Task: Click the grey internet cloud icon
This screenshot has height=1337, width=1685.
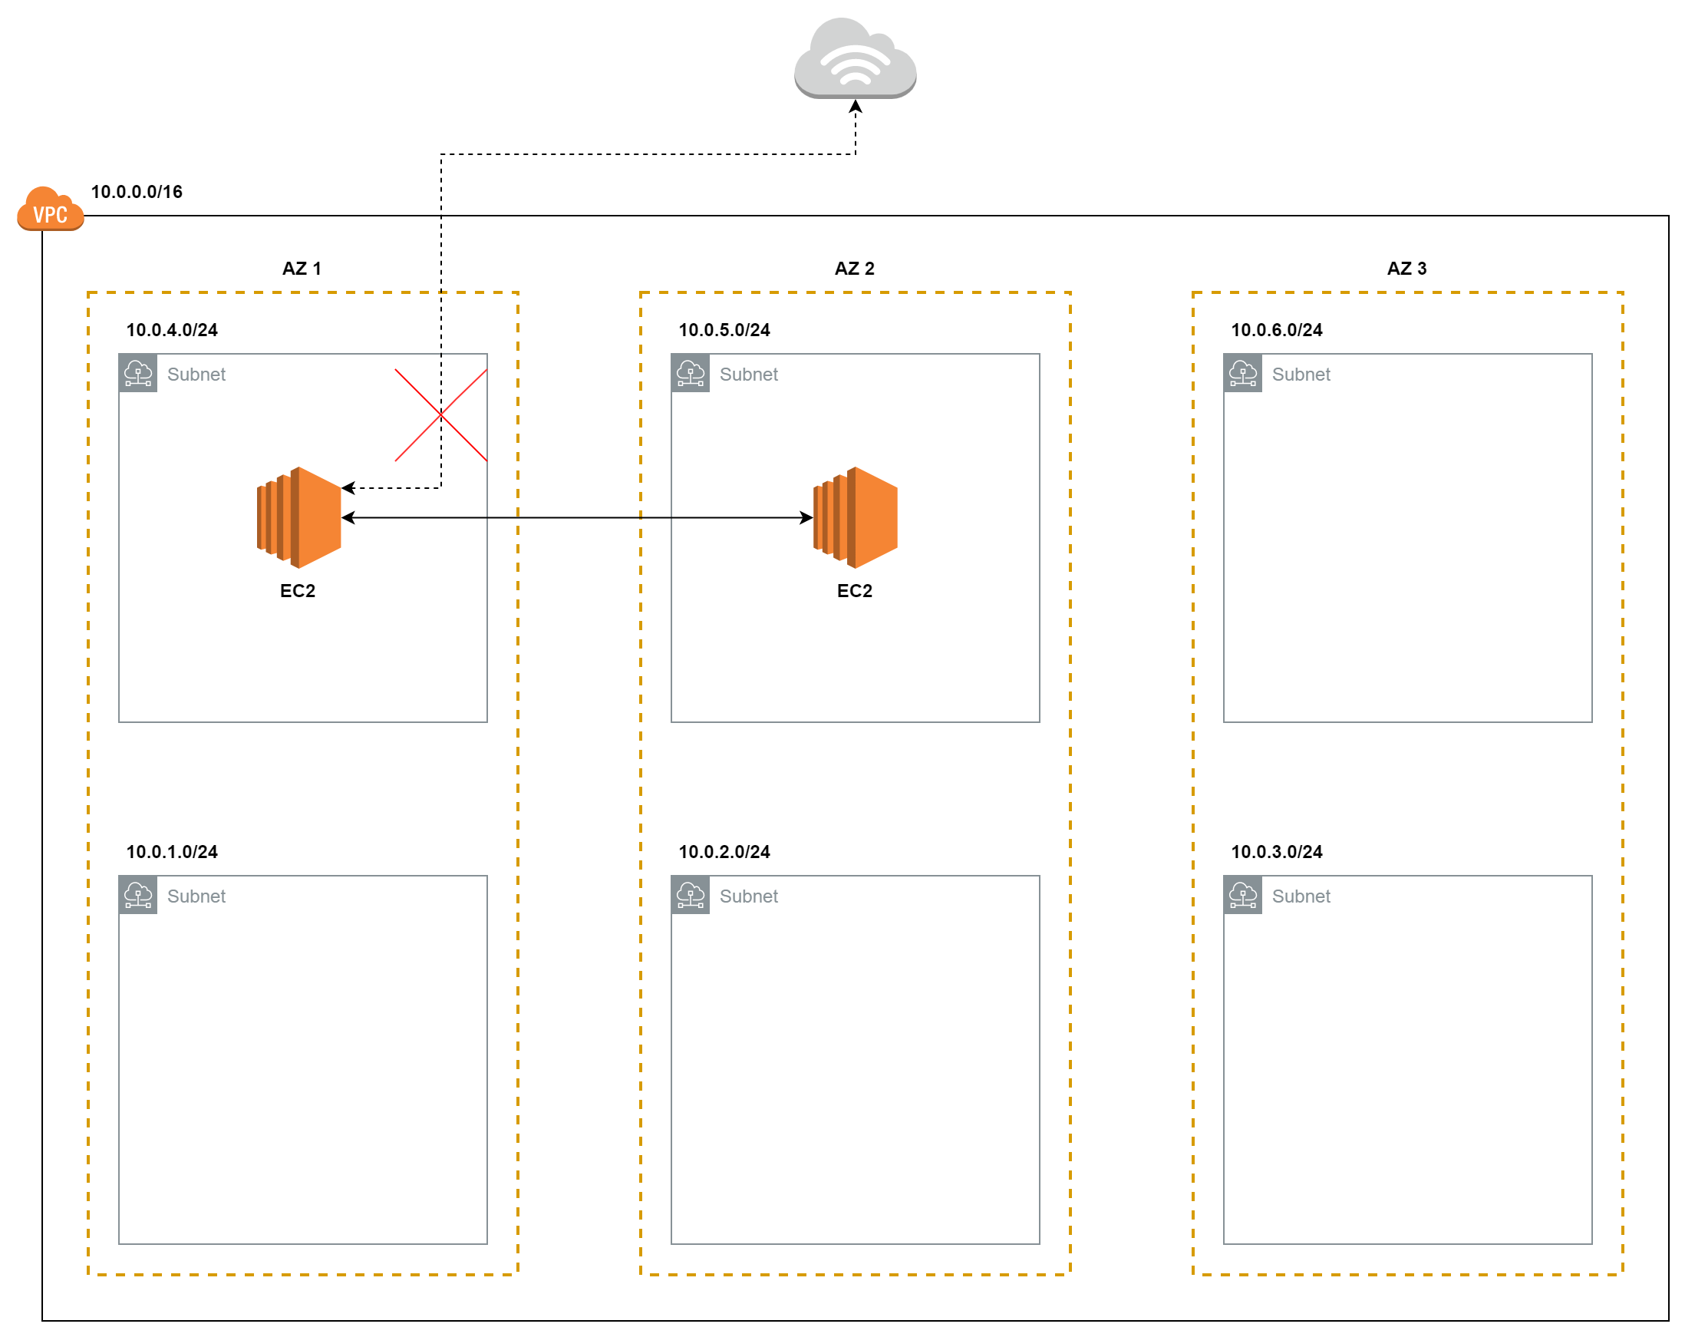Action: (855, 58)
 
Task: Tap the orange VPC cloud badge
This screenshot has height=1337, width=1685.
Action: (51, 209)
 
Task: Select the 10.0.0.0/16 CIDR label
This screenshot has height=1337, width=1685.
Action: (137, 192)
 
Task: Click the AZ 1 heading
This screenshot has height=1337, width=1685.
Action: (302, 268)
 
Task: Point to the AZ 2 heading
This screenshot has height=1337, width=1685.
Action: (854, 268)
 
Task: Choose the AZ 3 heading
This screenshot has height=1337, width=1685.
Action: (1406, 268)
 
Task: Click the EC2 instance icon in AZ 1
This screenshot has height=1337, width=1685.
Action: (298, 517)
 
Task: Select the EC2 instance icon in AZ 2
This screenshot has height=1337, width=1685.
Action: (855, 517)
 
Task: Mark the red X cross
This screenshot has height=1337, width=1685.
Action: (440, 415)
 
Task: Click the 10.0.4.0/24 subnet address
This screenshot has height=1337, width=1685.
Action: (172, 330)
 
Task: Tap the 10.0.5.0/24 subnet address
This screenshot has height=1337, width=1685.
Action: (724, 330)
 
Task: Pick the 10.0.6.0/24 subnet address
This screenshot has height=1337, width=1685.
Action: (1277, 330)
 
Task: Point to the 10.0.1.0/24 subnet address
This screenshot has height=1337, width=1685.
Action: (172, 851)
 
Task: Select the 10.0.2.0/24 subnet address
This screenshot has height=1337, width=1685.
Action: (724, 851)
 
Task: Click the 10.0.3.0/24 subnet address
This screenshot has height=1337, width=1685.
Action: (1277, 851)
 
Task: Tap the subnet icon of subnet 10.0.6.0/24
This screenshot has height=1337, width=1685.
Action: (1242, 373)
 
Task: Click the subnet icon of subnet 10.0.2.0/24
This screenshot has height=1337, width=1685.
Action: (690, 894)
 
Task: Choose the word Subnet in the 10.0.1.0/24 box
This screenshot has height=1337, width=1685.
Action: (196, 896)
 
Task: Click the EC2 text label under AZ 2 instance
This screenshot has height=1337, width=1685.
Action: (854, 591)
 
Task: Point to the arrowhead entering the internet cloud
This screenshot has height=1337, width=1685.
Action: (855, 106)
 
